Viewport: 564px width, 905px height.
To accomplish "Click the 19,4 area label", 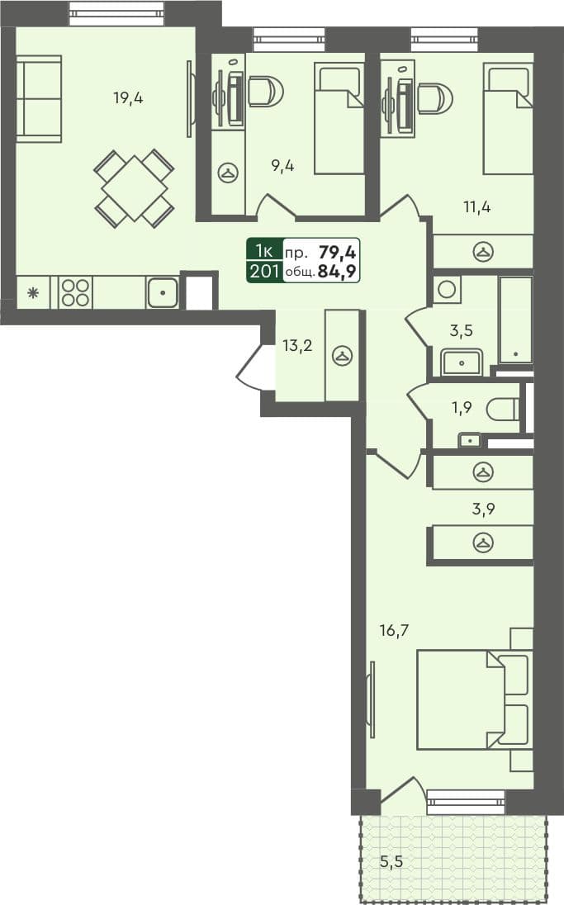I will [128, 98].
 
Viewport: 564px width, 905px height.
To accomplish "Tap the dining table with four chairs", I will [135, 187].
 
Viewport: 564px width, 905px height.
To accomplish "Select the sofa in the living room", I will [39, 98].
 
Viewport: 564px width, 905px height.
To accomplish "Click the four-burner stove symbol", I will [75, 292].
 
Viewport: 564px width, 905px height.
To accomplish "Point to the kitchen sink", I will [164, 292].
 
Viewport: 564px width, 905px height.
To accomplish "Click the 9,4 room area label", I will [283, 165].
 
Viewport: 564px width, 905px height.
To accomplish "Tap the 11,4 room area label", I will [476, 206].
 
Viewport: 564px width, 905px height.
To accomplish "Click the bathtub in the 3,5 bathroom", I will [515, 320].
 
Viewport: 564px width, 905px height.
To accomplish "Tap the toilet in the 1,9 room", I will [504, 409].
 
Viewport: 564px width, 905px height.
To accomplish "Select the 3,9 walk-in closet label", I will [484, 508].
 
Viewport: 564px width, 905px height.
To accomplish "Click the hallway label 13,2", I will [297, 345].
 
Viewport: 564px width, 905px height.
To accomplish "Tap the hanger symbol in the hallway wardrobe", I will [342, 356].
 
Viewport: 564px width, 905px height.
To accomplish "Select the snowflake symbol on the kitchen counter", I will [33, 292].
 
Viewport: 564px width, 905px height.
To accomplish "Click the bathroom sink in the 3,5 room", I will [462, 361].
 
